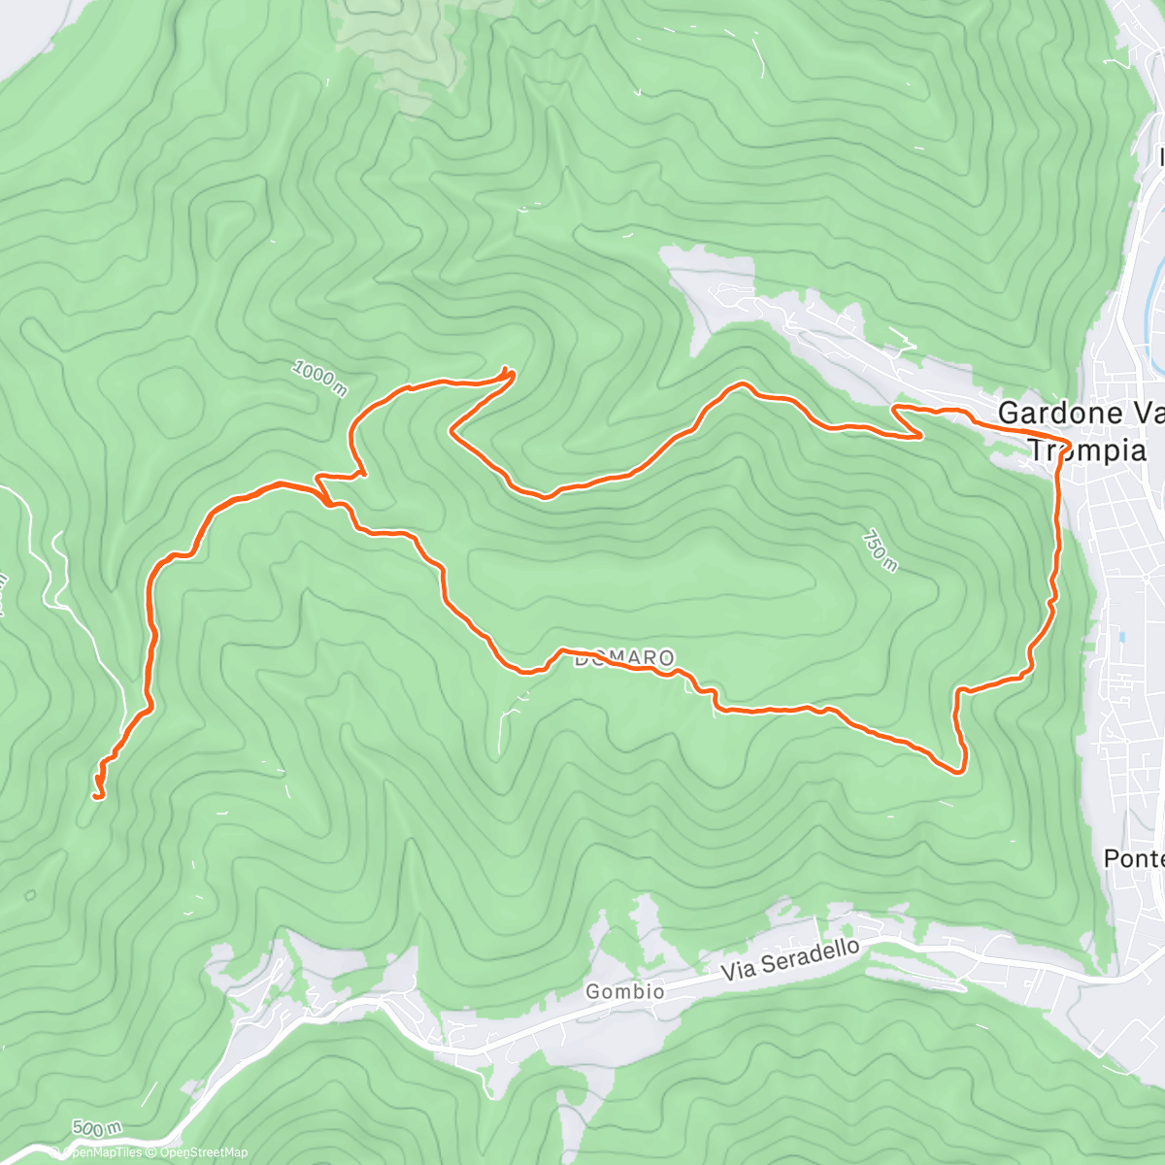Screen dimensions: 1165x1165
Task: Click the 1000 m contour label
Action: [318, 378]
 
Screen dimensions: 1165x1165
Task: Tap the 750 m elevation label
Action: [877, 550]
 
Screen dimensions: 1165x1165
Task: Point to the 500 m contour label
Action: [96, 1128]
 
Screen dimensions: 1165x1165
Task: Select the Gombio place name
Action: [625, 991]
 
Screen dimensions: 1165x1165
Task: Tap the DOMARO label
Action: [623, 659]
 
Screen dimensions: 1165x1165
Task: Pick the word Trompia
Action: [1086, 450]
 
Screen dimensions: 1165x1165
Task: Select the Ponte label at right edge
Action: [1134, 859]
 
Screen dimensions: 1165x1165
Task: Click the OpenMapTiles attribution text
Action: [102, 1152]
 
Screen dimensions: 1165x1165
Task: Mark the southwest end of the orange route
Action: [97, 796]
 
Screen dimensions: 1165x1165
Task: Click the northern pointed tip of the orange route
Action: [507, 371]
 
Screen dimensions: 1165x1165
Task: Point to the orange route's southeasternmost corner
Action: [960, 771]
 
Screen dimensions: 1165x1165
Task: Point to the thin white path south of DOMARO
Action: [503, 723]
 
